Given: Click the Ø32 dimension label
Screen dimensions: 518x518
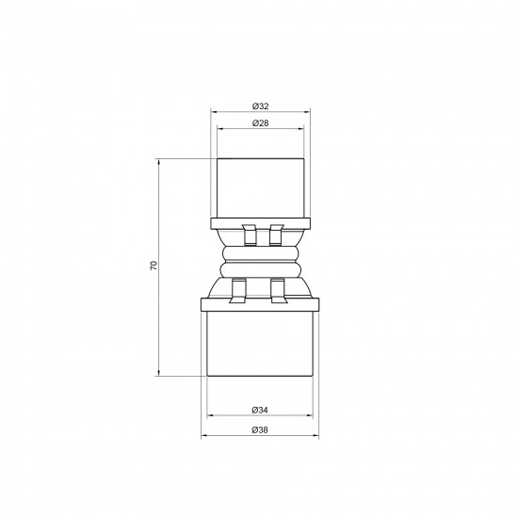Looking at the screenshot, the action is pyautogui.click(x=260, y=106).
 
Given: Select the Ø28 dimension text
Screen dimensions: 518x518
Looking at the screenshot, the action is pyautogui.click(x=260, y=123).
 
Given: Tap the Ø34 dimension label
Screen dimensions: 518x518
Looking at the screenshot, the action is pyautogui.click(x=260, y=410).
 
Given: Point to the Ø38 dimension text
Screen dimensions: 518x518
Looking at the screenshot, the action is pyautogui.click(x=260, y=430).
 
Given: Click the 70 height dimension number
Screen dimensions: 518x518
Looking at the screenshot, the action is pyautogui.click(x=154, y=266).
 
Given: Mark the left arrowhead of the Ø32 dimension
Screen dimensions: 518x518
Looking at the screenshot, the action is pyautogui.click(x=214, y=112).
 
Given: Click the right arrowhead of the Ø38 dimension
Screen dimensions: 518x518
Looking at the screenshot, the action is pyautogui.click(x=316, y=436).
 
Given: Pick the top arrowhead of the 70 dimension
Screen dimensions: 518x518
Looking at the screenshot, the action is pyautogui.click(x=159, y=162).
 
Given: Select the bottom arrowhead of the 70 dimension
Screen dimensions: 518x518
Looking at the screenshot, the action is pyautogui.click(x=159, y=373).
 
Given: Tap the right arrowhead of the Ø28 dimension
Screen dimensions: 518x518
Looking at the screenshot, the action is pyautogui.click(x=301, y=129).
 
